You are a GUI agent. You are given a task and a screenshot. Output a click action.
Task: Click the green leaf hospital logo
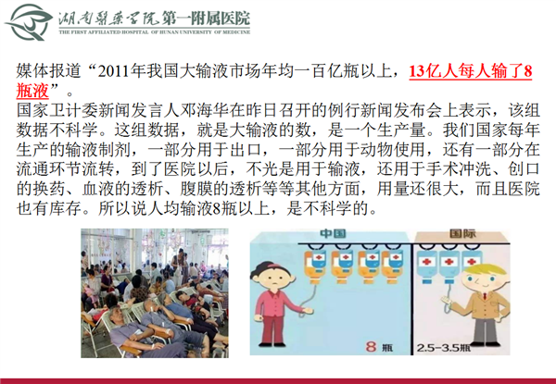click(x=29, y=22)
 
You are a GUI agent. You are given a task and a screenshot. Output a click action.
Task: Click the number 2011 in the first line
click(x=113, y=71)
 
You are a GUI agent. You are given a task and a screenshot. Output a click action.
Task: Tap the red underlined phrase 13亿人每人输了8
click(x=471, y=71)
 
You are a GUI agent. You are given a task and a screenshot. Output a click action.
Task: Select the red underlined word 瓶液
click(x=32, y=91)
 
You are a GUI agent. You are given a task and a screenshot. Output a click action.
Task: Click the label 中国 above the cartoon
click(x=333, y=233)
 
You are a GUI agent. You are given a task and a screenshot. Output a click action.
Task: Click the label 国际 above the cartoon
click(x=462, y=233)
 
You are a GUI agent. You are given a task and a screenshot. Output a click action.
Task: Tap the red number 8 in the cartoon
click(x=371, y=346)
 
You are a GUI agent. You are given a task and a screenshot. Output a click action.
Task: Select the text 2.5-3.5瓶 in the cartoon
click(x=443, y=348)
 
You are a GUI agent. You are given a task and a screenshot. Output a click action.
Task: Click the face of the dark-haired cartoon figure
click(x=272, y=278)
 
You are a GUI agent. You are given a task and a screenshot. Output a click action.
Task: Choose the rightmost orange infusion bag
click(x=392, y=266)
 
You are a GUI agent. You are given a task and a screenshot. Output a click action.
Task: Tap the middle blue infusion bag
click(x=448, y=266)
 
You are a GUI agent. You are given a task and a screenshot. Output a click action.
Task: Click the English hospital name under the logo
click(x=154, y=32)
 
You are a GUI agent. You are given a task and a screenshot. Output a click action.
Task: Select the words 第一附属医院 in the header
click(x=206, y=19)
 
